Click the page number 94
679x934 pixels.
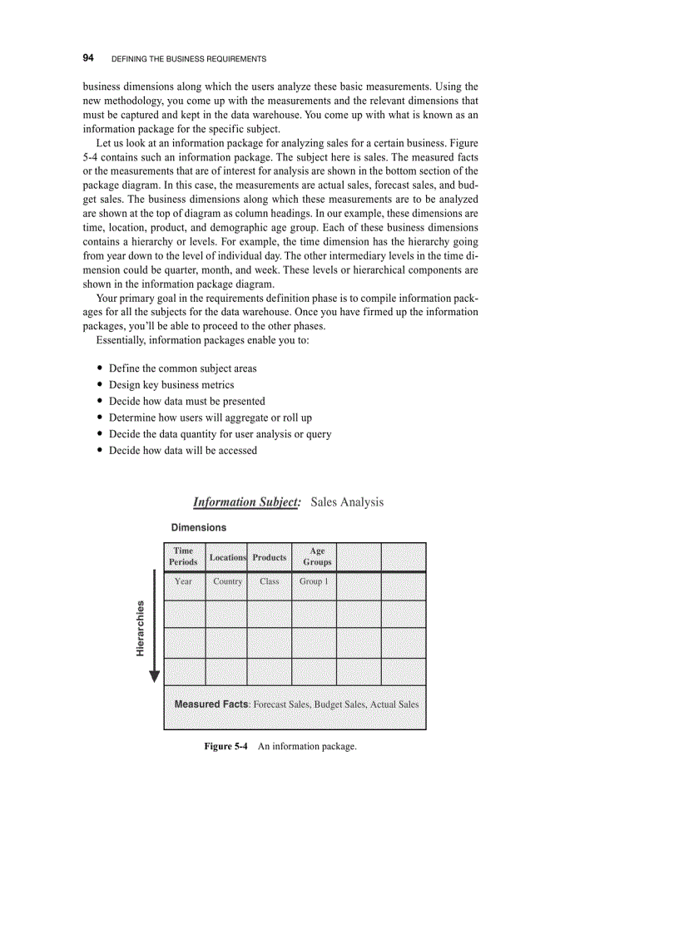[x=88, y=58]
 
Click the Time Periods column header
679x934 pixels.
[x=184, y=556]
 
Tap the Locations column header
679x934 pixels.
[x=227, y=557]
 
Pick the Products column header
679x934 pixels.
[x=270, y=557]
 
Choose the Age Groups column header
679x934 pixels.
[x=317, y=556]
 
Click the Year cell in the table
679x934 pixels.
[x=184, y=581]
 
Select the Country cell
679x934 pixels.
[x=227, y=581]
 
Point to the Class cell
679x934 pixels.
[x=270, y=581]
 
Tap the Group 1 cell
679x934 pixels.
[x=314, y=581]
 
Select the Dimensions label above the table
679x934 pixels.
[x=198, y=527]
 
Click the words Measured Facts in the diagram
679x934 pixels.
[x=211, y=704]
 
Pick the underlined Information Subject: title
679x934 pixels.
[x=245, y=502]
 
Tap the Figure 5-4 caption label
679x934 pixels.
[x=226, y=746]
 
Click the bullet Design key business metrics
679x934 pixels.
[x=171, y=384]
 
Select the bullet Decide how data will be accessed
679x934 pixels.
[x=183, y=450]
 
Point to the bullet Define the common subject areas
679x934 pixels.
[x=183, y=368]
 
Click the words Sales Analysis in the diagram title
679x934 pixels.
[x=347, y=502]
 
